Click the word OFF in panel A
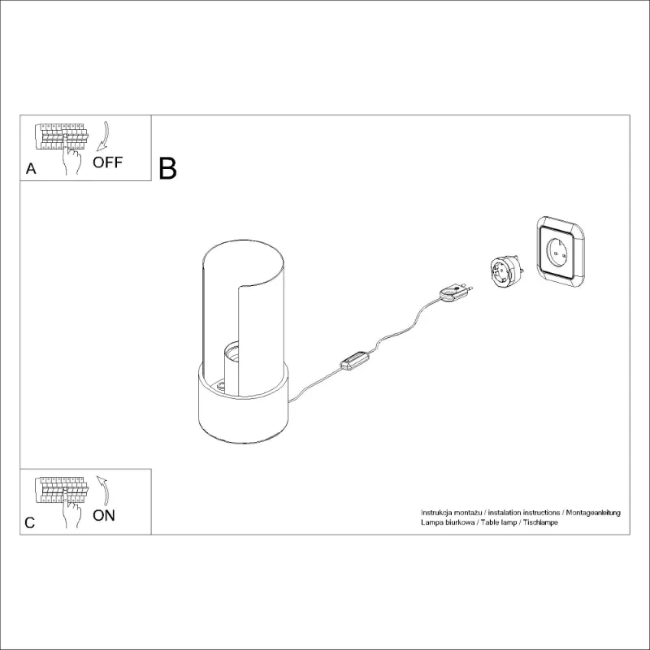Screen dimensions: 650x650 (107, 162)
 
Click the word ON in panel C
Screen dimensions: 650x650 (104, 515)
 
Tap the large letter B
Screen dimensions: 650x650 (167, 169)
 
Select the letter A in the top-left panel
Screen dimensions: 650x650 (31, 169)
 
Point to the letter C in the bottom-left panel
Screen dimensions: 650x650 (30, 522)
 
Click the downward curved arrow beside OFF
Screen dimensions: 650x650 (103, 136)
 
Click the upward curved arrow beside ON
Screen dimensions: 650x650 (103, 491)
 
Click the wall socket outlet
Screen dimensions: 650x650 (561, 252)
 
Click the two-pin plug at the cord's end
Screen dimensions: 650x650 (456, 292)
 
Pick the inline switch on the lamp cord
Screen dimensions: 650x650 (355, 361)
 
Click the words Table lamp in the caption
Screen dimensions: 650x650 (499, 522)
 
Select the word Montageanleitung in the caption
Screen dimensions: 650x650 (593, 513)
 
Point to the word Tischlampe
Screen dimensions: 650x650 (540, 522)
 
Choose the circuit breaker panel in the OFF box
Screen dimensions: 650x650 (62, 136)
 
